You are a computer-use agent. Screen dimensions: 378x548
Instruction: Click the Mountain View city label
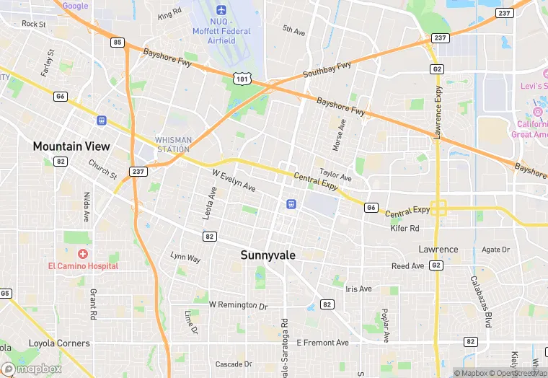(71, 146)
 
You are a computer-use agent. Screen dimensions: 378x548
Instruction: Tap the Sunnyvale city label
(268, 255)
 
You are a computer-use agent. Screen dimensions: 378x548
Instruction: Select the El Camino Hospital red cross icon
(83, 254)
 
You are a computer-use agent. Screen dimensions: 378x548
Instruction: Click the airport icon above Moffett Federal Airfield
(221, 10)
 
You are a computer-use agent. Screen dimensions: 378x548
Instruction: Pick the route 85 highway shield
(118, 43)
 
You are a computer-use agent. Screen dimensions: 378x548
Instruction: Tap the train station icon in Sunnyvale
(291, 203)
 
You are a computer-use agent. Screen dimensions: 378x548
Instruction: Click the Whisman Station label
(173, 144)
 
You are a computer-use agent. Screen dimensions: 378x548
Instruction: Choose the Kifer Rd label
(405, 229)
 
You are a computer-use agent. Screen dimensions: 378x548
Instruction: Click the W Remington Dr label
(238, 305)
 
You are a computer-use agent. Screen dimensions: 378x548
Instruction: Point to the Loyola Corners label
(59, 343)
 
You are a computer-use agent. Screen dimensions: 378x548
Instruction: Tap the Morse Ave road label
(340, 134)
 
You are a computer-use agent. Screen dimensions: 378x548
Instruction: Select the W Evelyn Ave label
(234, 180)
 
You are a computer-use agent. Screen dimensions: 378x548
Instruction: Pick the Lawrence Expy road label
(437, 113)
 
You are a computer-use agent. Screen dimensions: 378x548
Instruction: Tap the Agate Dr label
(495, 250)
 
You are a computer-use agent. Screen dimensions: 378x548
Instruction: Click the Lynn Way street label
(185, 257)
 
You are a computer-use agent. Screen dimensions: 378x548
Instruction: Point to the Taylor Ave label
(335, 175)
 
